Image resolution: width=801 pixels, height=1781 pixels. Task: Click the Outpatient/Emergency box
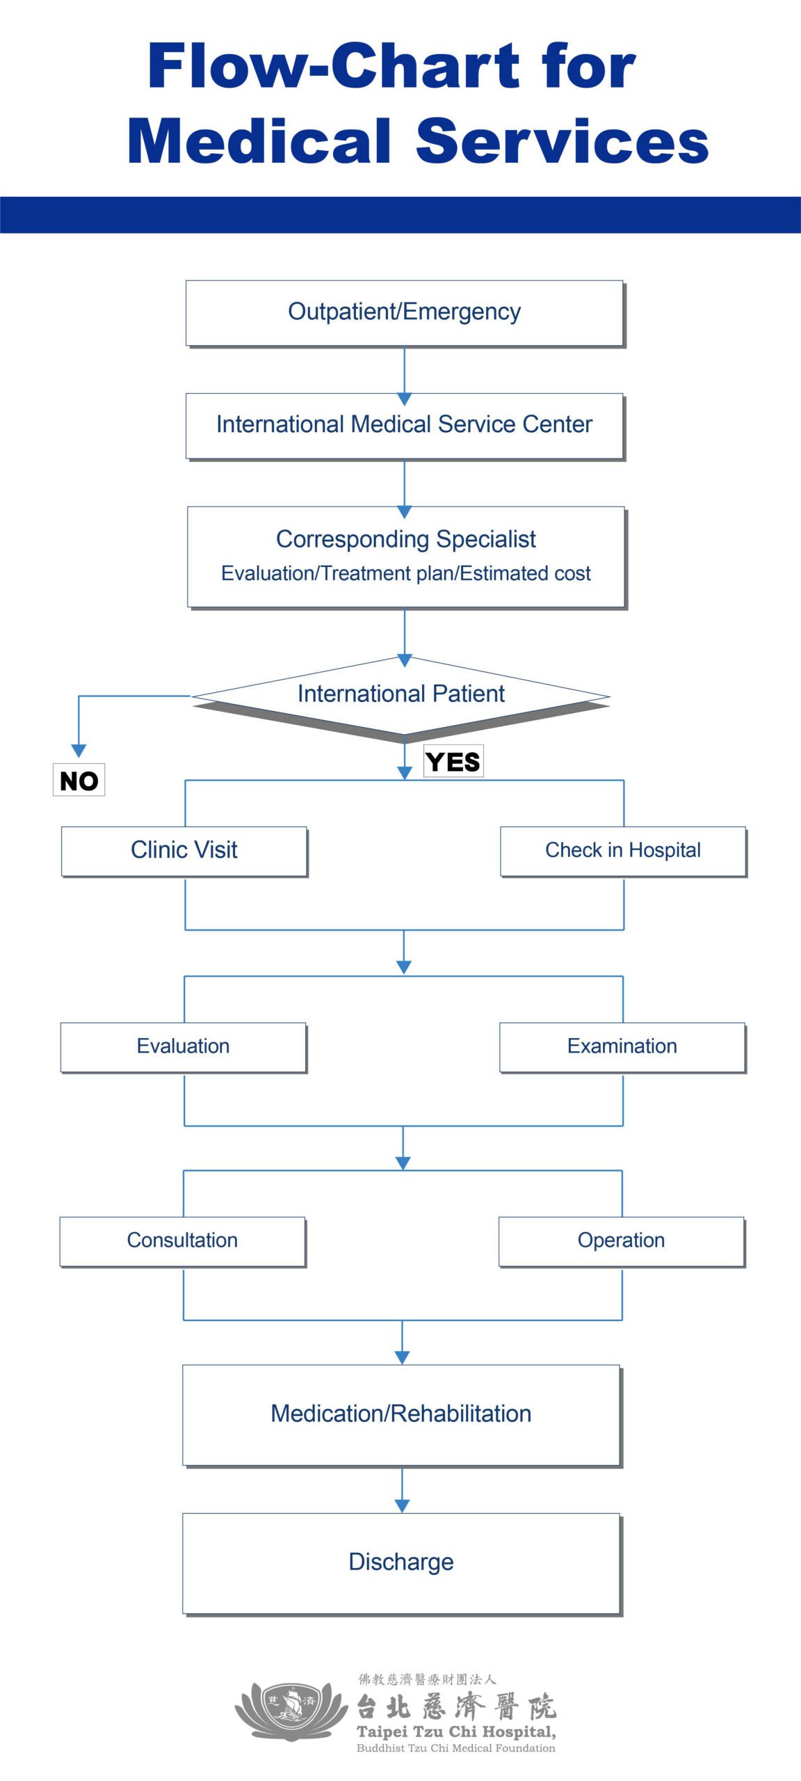tap(404, 312)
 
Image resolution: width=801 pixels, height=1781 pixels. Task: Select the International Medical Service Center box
tap(404, 424)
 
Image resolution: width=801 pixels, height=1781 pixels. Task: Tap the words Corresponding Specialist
tap(405, 539)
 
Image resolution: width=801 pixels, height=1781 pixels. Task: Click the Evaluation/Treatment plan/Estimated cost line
tap(405, 573)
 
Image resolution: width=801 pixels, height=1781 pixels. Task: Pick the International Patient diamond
tap(400, 694)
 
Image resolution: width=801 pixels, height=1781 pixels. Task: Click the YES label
tap(453, 762)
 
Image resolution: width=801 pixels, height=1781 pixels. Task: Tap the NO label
tap(79, 781)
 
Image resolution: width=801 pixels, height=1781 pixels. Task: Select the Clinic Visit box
tap(184, 850)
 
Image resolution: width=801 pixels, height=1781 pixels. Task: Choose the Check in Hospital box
tap(622, 850)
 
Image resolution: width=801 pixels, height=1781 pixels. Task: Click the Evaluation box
tap(183, 1046)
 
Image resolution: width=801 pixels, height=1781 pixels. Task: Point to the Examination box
tap(622, 1046)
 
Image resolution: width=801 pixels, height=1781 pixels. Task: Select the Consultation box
tap(182, 1240)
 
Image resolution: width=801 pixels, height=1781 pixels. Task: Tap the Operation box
tap(621, 1240)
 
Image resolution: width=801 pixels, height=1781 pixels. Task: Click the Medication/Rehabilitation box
tap(400, 1414)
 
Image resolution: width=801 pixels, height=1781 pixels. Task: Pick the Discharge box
tap(400, 1563)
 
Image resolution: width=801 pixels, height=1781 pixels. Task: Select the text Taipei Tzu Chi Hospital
tap(455, 1732)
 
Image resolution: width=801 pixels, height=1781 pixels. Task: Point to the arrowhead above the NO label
tap(79, 750)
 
